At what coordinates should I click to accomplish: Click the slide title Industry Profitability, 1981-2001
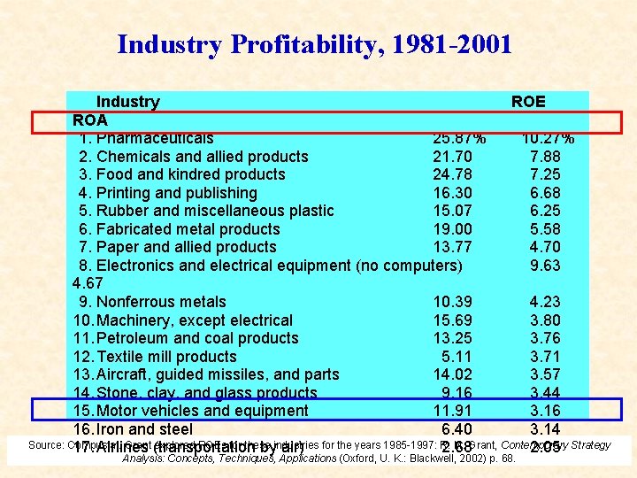[314, 43]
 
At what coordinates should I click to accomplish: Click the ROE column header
[528, 102]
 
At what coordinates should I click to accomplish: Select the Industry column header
[127, 102]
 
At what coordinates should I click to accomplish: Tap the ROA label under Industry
[90, 119]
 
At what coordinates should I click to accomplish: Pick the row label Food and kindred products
[190, 174]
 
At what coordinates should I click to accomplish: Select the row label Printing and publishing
[176, 193]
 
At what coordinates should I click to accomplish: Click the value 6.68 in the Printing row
[545, 193]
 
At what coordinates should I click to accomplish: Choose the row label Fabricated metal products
[188, 229]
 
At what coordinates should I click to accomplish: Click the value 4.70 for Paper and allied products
[545, 247]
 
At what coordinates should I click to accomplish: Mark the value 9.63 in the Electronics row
[545, 266]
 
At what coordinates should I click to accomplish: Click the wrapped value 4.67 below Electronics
[88, 283]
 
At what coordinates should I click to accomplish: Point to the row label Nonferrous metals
[161, 302]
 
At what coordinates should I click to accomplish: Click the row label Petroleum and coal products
[197, 338]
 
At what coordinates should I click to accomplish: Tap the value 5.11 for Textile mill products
[456, 357]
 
